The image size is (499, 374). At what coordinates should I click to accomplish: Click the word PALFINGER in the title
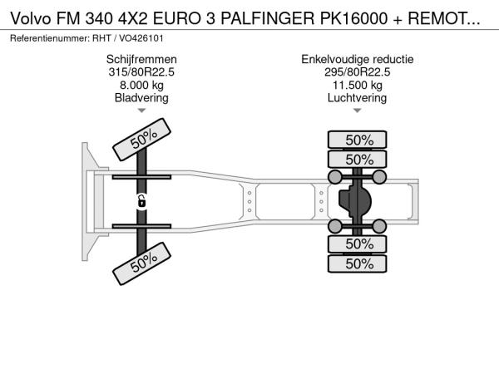click(267, 19)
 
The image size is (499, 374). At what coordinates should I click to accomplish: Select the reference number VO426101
click(141, 38)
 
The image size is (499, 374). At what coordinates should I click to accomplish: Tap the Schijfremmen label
click(141, 60)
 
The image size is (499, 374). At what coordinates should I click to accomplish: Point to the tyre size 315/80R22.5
click(141, 72)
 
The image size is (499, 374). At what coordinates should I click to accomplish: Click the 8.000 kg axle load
click(141, 86)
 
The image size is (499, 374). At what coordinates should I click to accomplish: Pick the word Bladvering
click(141, 98)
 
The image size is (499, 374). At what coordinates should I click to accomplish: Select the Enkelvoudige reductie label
click(358, 60)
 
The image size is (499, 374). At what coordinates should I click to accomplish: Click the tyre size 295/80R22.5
click(358, 72)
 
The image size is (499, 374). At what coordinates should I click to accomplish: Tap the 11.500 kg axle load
click(358, 86)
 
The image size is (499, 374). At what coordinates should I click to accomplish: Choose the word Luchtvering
click(358, 98)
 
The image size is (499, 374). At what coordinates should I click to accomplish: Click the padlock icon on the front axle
click(141, 201)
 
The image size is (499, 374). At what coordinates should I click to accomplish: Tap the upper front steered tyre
click(142, 140)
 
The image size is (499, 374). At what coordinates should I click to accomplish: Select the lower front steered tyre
click(142, 263)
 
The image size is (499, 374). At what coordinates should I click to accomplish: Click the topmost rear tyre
click(358, 140)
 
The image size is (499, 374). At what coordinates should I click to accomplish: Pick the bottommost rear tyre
click(358, 263)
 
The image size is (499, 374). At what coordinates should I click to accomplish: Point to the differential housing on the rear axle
click(355, 202)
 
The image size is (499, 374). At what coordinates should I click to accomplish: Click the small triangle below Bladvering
click(141, 111)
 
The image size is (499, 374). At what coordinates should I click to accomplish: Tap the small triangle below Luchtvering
click(358, 111)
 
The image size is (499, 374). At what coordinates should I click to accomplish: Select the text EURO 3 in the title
click(184, 19)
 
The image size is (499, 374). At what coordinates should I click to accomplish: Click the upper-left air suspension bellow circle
click(335, 177)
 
